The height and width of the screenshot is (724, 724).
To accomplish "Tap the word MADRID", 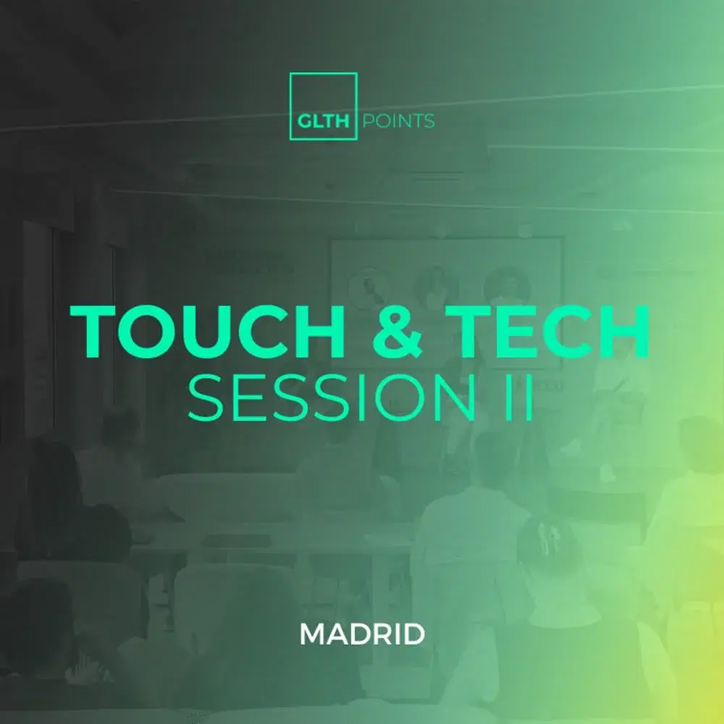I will (362, 635).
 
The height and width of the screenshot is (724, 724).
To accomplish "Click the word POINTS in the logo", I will (397, 121).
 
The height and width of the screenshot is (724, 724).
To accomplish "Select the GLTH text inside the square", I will (324, 121).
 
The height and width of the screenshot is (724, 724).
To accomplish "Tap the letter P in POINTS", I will (366, 121).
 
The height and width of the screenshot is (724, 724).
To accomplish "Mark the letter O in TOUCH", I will (153, 332).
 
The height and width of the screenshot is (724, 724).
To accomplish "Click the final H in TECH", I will (622, 332).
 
